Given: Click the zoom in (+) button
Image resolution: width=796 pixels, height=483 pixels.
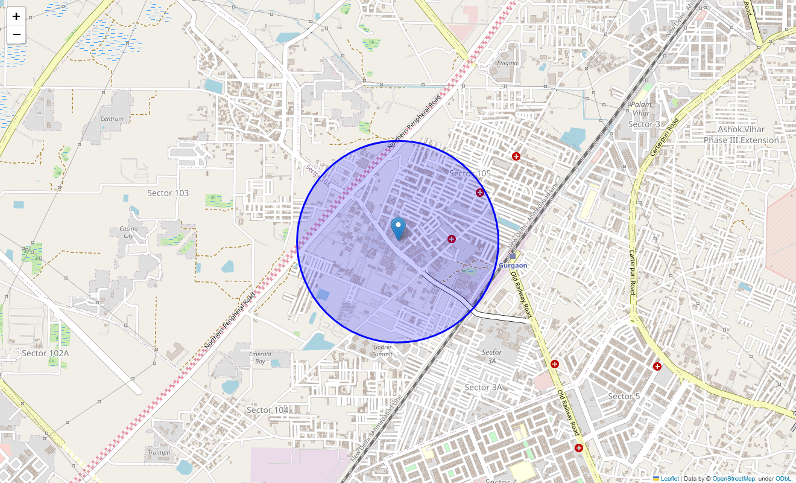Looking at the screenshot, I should click(16, 16).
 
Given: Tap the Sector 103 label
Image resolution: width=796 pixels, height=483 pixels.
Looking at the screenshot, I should click(168, 193).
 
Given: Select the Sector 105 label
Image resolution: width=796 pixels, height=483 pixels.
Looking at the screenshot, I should click(470, 174).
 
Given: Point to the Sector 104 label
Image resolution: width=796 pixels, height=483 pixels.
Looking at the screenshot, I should click(267, 410).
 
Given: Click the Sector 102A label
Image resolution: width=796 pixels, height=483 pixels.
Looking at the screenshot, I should click(45, 353).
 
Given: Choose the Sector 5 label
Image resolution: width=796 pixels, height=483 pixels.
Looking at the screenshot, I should click(624, 396).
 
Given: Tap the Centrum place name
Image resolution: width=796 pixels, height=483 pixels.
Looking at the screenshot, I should click(112, 119).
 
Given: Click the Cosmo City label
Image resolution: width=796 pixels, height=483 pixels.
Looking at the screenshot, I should click(128, 232).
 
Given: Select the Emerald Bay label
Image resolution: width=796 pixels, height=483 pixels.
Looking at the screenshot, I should click(260, 357).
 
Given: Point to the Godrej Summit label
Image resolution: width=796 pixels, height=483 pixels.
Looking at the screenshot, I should click(382, 351).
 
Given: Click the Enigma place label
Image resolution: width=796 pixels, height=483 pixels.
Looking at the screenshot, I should click(507, 63).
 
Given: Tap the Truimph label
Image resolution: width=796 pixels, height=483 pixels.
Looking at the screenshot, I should click(159, 452).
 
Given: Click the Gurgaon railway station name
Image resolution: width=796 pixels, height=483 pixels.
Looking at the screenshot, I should click(513, 266).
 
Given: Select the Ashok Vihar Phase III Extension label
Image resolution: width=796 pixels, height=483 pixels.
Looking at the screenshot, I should click(741, 135).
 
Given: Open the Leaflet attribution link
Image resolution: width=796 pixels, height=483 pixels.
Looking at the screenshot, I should click(669, 478).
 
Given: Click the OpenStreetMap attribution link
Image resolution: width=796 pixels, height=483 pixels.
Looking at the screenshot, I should click(733, 478).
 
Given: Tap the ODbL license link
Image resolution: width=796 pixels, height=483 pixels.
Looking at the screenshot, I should click(783, 478).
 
